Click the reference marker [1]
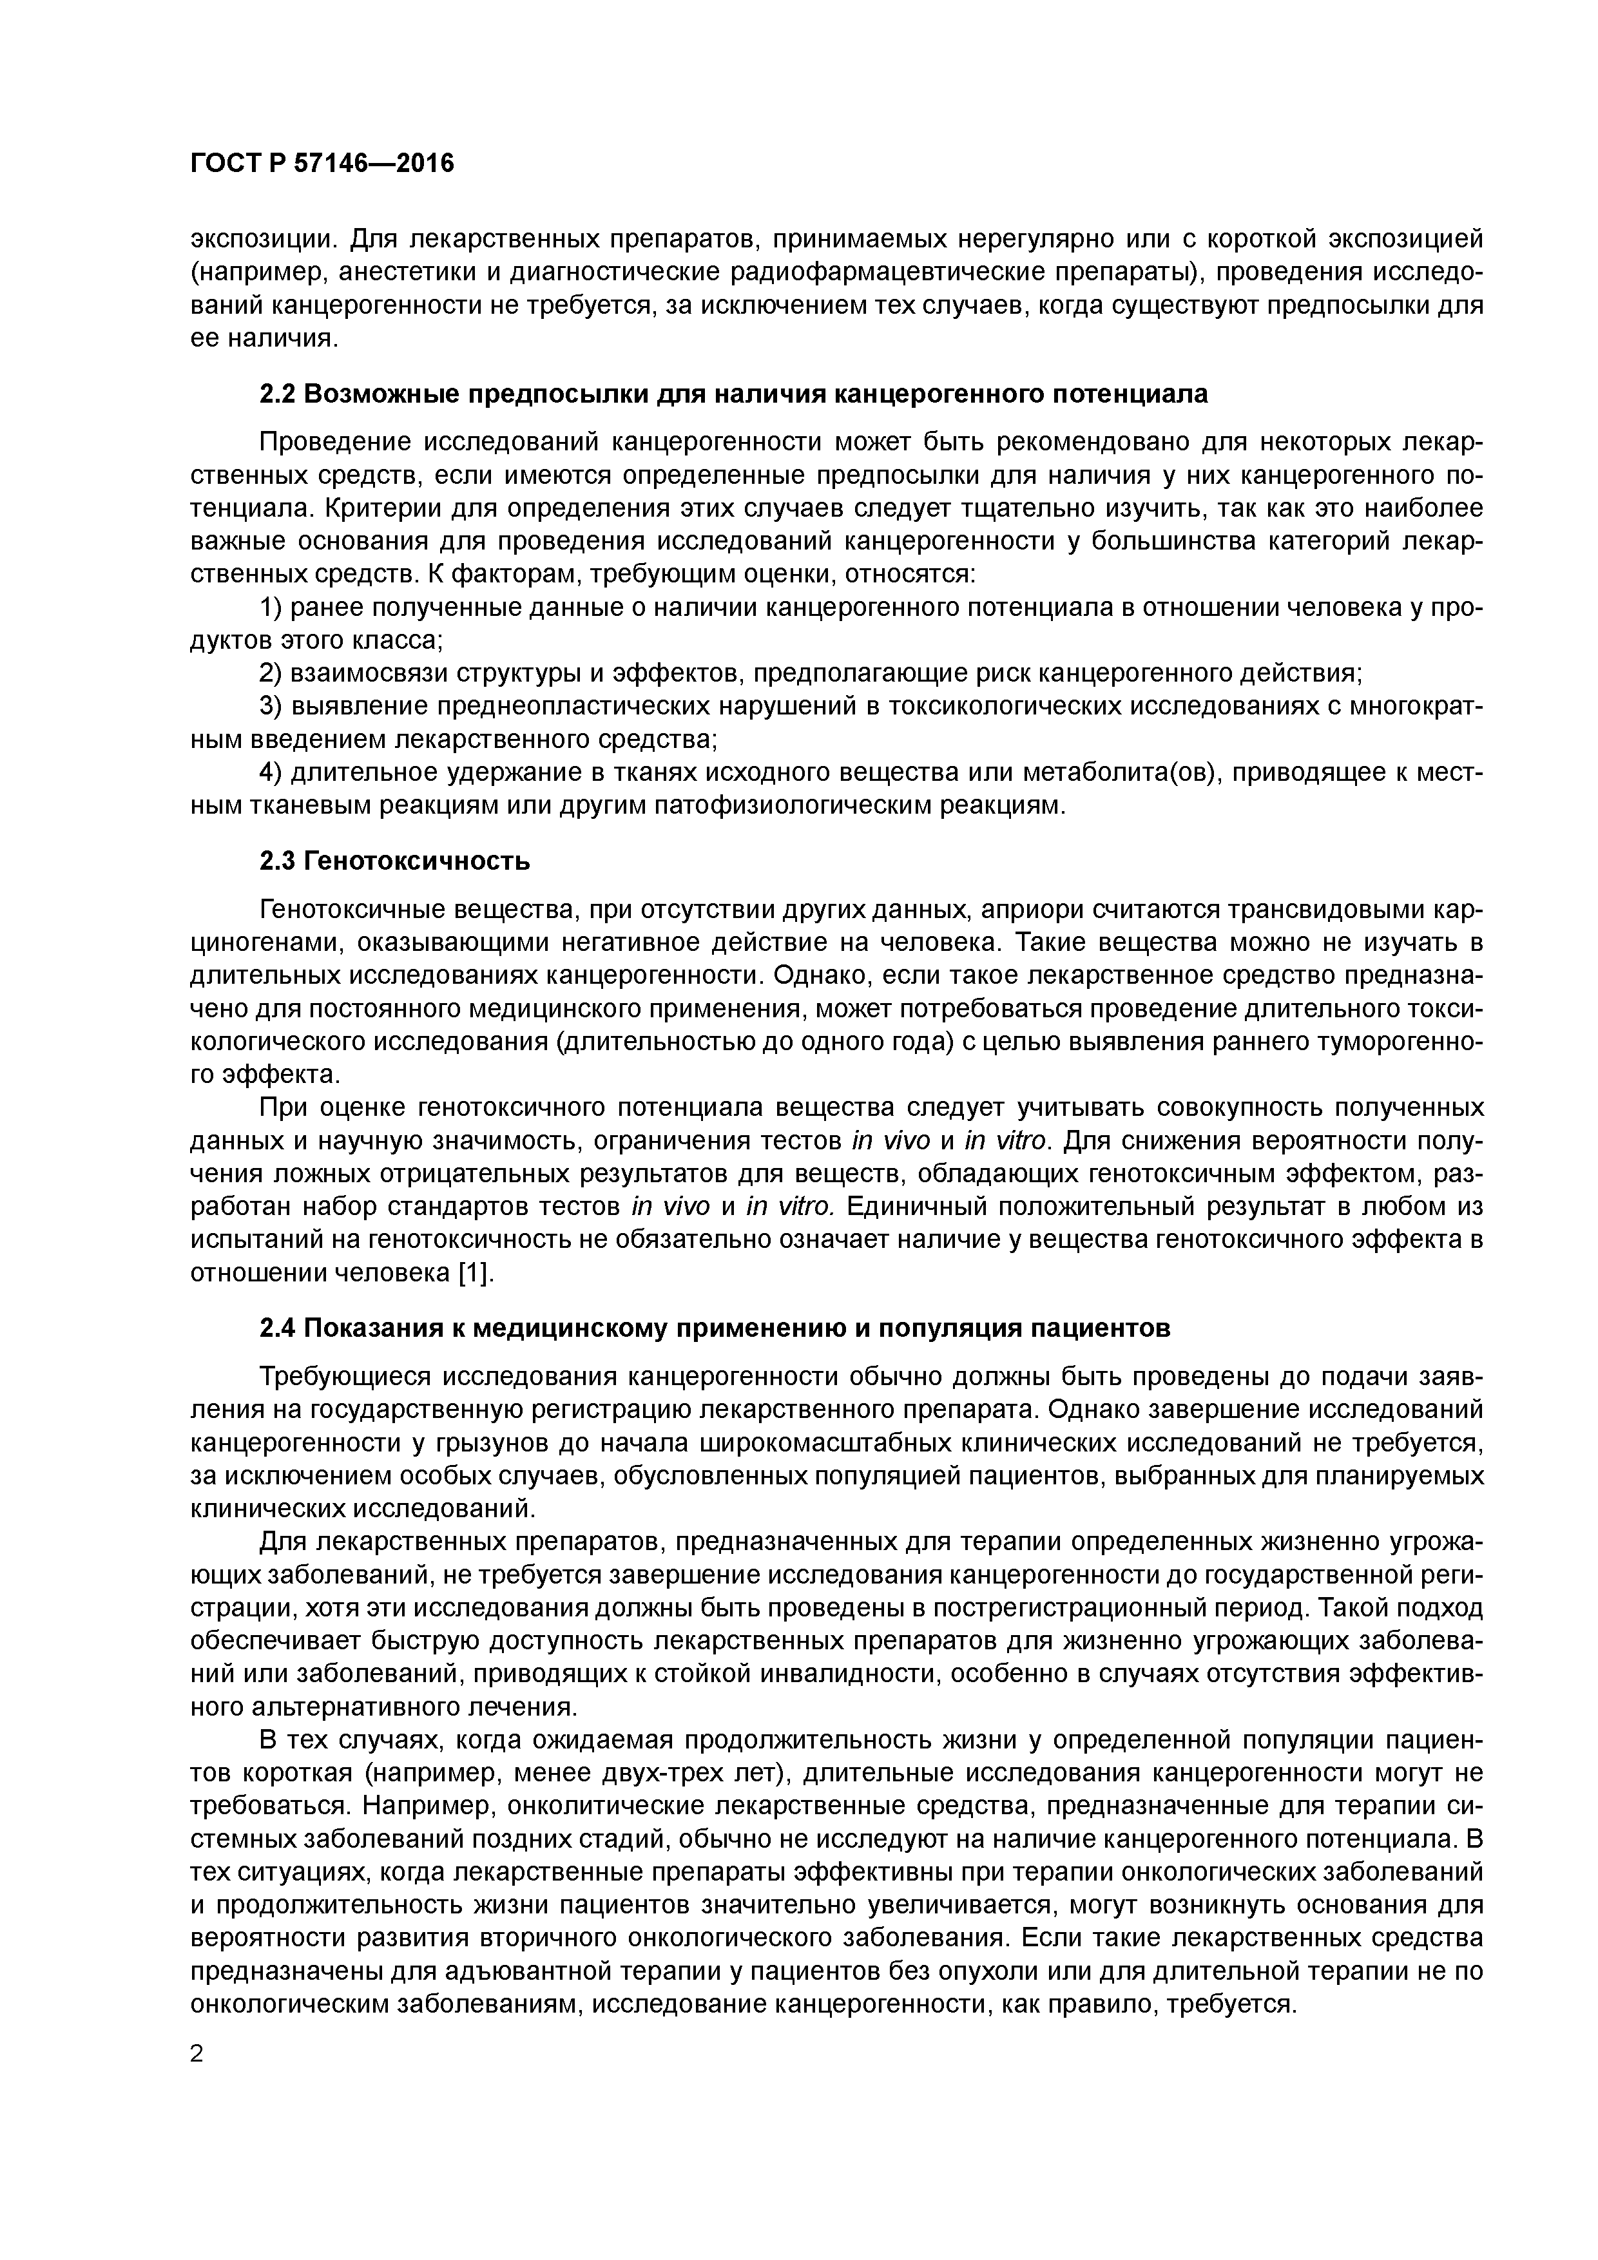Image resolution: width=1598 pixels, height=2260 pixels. coord(475,1273)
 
